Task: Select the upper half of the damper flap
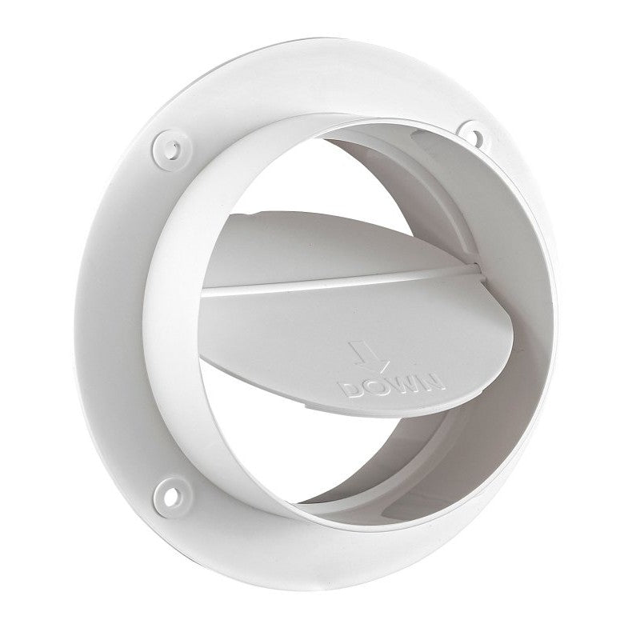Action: point(320,240)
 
